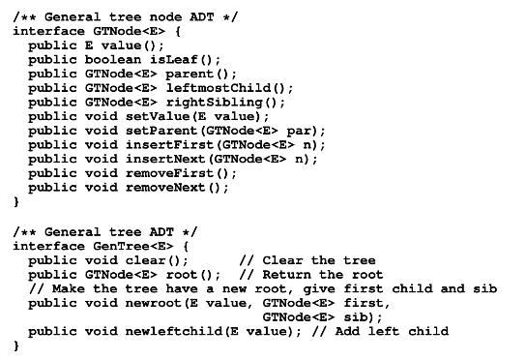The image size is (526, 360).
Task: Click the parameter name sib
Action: pyautogui.click(x=360, y=317)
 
